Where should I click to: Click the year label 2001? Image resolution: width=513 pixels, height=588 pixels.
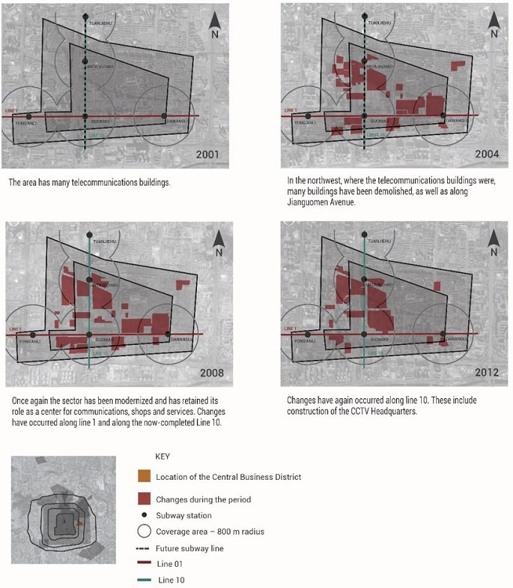coord(209,154)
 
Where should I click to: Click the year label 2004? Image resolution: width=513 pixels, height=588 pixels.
coord(485,154)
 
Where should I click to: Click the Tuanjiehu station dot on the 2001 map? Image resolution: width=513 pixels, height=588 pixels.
coord(85,16)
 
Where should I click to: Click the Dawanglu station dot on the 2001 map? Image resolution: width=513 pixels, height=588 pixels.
coord(164,117)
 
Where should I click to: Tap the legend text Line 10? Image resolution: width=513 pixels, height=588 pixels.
coord(175,581)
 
